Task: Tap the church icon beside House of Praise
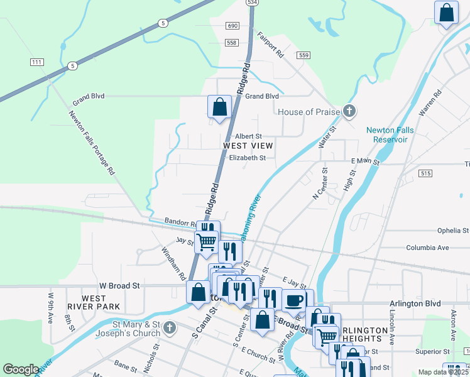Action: [350, 112]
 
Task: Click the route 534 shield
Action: [252, 3]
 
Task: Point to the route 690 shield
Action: [233, 26]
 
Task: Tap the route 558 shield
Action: [232, 42]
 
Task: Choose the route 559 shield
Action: [304, 55]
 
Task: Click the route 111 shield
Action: [37, 62]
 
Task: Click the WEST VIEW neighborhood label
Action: [248, 146]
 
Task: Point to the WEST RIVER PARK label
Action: [93, 302]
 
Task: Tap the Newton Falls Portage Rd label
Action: [92, 142]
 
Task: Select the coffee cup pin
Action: [293, 300]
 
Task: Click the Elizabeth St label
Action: [248, 158]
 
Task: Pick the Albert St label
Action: [248, 136]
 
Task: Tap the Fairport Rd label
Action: [271, 46]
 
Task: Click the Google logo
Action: [20, 369]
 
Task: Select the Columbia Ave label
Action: [427, 248]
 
